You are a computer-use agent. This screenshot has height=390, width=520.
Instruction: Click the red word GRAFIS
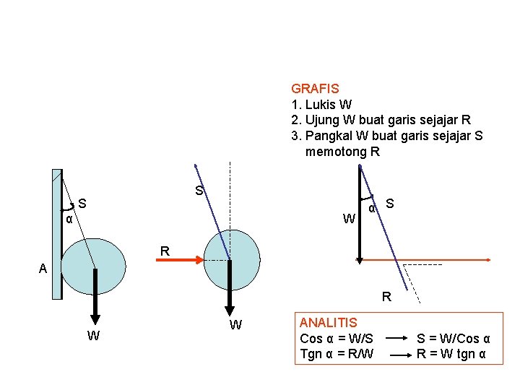pyautogui.click(x=314, y=89)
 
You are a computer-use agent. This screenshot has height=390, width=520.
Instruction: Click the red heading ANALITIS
pyautogui.click(x=328, y=322)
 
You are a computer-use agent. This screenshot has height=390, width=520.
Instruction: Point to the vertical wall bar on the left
pyautogui.click(x=56, y=233)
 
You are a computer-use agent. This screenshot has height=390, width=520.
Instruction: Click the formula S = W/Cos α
pyautogui.click(x=454, y=339)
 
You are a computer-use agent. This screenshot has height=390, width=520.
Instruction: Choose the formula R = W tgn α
pyautogui.click(x=451, y=355)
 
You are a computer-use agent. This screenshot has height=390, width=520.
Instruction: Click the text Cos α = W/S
pyautogui.click(x=337, y=339)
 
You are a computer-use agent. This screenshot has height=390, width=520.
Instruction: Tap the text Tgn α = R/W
pyautogui.click(x=337, y=355)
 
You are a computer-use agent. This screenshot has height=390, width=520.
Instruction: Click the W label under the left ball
pyautogui.click(x=93, y=336)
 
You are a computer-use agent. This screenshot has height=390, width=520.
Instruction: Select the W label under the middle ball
pyautogui.click(x=235, y=326)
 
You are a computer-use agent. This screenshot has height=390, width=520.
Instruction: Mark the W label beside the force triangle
pyautogui.click(x=349, y=218)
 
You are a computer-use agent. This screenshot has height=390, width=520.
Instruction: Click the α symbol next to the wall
pyautogui.click(x=69, y=219)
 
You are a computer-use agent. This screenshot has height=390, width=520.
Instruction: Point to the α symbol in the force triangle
pyautogui.click(x=371, y=209)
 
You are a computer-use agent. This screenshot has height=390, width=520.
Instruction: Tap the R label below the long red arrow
pyautogui.click(x=387, y=296)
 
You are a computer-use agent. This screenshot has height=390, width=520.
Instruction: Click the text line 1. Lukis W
pyautogui.click(x=321, y=105)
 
